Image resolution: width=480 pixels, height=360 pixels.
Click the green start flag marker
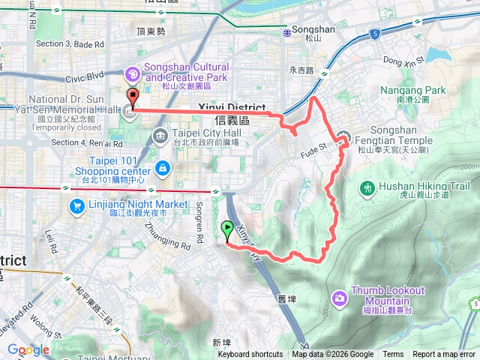coord(226,229)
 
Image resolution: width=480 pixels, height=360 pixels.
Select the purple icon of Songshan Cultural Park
coord(133,73)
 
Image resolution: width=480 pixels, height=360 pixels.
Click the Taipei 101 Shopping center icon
coord(162,166)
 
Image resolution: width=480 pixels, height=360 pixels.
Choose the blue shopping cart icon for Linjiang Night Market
coord(76,205)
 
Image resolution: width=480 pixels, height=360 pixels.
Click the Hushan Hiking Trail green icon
coord(367,187)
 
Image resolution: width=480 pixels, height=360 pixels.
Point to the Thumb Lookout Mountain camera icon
coord(340,298)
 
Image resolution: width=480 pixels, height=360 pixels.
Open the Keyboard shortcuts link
coord(250,355)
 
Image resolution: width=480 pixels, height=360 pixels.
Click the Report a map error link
coord(445,355)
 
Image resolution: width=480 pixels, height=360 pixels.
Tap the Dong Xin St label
coord(403,58)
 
